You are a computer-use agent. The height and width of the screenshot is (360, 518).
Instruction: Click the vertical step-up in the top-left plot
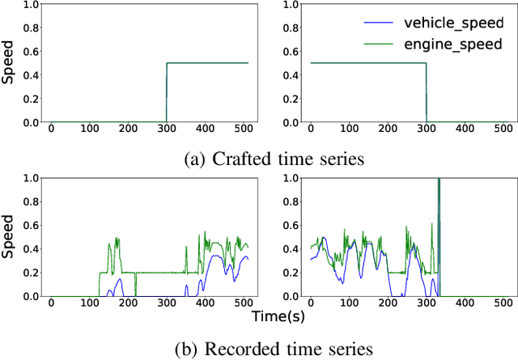pos(167,93)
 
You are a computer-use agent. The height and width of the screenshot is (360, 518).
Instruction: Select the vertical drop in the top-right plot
pos(427,93)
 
